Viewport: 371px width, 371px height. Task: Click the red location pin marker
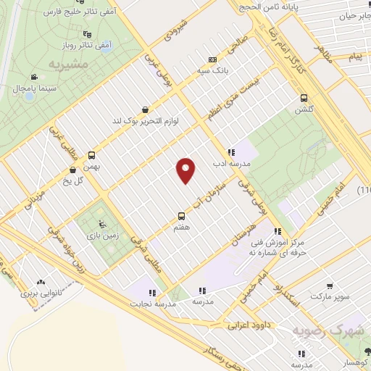186,170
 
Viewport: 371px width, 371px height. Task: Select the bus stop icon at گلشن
303,98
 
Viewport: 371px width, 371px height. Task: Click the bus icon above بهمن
92,155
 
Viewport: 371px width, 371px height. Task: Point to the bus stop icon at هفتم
182,216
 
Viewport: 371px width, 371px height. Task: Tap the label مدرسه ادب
232,164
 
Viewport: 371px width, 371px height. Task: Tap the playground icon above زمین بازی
101,223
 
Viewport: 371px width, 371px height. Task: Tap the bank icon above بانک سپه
212,59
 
